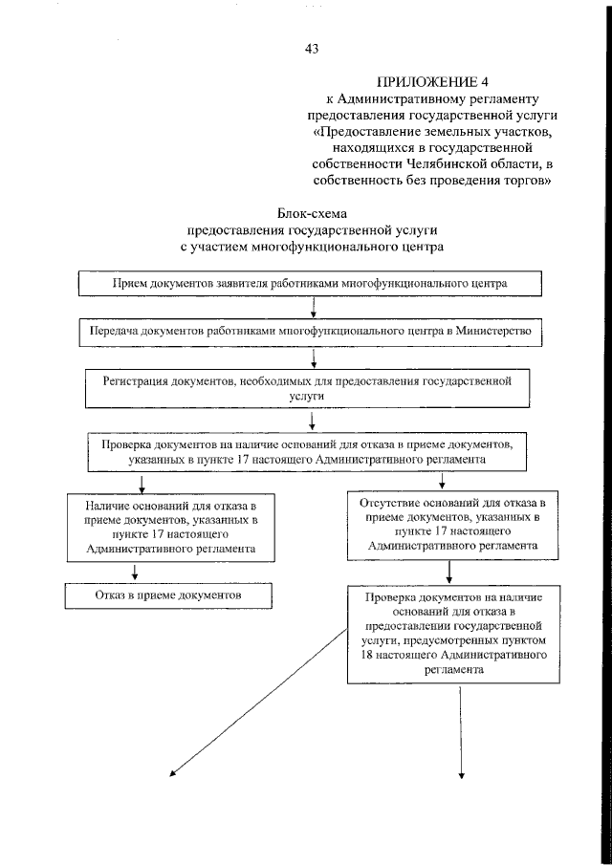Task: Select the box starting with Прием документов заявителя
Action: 309,284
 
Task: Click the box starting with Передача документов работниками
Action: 311,331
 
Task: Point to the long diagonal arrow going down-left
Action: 258,703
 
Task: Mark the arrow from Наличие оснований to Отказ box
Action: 136,572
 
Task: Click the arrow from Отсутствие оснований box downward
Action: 448,572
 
